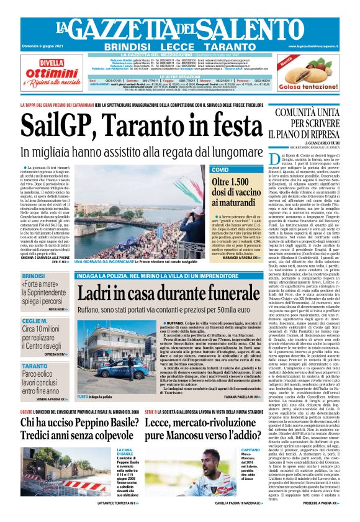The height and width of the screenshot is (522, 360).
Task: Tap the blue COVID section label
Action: coord(220,169)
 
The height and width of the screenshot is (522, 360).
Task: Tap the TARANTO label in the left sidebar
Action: coord(35,367)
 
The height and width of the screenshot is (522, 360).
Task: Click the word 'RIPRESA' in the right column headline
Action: coord(324,133)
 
